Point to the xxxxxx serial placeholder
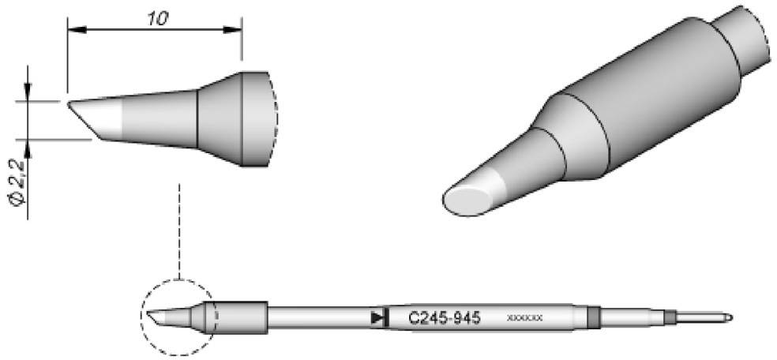click(524, 318)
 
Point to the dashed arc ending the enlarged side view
click(274, 118)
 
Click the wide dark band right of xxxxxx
click(594, 317)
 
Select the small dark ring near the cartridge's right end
click(670, 317)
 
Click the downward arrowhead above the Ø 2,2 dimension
click(28, 94)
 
